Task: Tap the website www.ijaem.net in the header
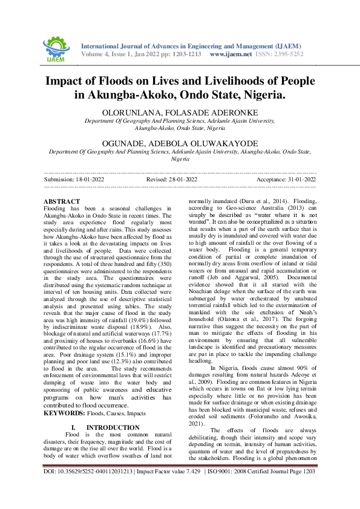pyautogui.click(x=231, y=54)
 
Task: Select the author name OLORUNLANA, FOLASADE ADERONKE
pyautogui.click(x=180, y=113)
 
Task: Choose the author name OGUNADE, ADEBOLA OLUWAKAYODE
pyautogui.click(x=180, y=143)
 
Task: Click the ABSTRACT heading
pyautogui.click(x=62, y=201)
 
